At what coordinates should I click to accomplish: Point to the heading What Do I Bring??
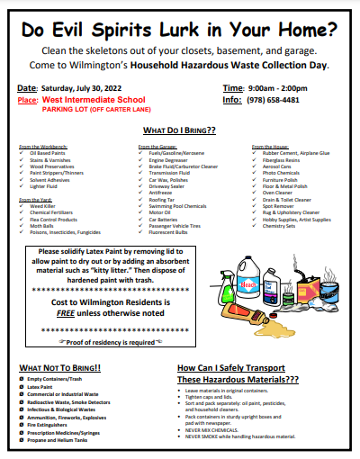click(x=179, y=130)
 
